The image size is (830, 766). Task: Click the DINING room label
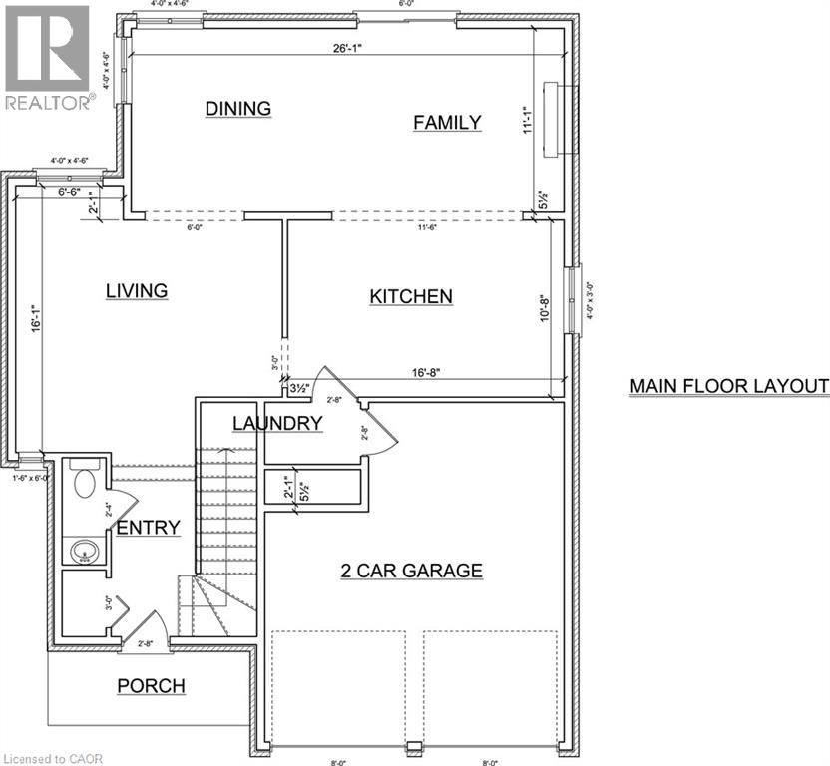pyautogui.click(x=238, y=108)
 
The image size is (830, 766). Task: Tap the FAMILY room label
pyautogui.click(x=447, y=122)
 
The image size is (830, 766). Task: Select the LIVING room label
pyautogui.click(x=136, y=290)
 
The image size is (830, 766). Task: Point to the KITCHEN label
pyautogui.click(x=411, y=296)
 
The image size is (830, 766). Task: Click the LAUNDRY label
pyautogui.click(x=277, y=423)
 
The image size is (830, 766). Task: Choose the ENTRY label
pyautogui.click(x=148, y=528)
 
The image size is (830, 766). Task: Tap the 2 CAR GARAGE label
pyautogui.click(x=411, y=571)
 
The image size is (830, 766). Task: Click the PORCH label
pyautogui.click(x=151, y=685)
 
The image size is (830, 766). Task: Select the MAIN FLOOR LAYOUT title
pyautogui.click(x=729, y=386)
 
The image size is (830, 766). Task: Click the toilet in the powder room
pyautogui.click(x=83, y=483)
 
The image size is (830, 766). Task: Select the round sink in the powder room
pyautogui.click(x=83, y=549)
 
